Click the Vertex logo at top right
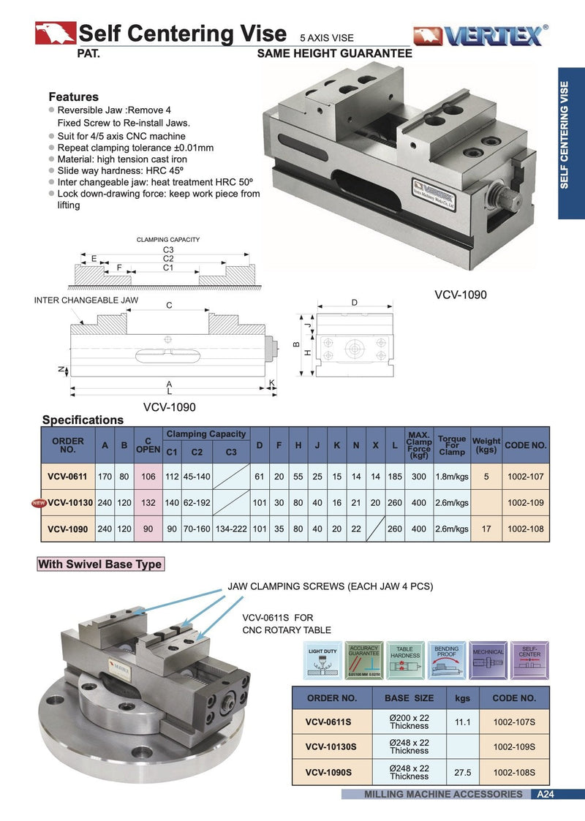pyautogui.click(x=481, y=35)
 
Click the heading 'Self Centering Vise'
pyautogui.click(x=182, y=34)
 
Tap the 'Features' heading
pyautogui.click(x=73, y=97)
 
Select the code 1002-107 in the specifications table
pyautogui.click(x=526, y=477)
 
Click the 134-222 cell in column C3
pyautogui.click(x=231, y=529)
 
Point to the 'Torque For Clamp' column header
pyautogui.click(x=452, y=445)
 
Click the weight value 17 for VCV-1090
pyautogui.click(x=486, y=529)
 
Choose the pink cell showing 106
pyautogui.click(x=148, y=477)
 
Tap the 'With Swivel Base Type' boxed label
pyautogui.click(x=100, y=564)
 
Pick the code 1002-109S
pyautogui.click(x=514, y=746)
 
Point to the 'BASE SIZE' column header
pyautogui.click(x=409, y=697)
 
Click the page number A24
pyautogui.click(x=546, y=794)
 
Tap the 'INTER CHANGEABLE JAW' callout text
pyautogui.click(x=86, y=300)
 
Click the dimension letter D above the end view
pyautogui.click(x=354, y=302)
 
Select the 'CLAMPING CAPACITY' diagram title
pyautogui.click(x=168, y=240)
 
